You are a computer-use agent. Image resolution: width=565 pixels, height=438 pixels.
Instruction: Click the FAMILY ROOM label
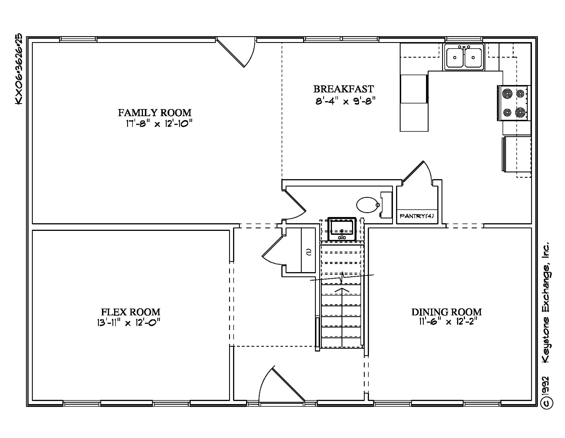pyautogui.click(x=155, y=113)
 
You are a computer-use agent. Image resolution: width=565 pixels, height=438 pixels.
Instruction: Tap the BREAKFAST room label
pyautogui.click(x=344, y=89)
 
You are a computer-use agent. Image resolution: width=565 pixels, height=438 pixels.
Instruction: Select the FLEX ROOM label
pyautogui.click(x=131, y=312)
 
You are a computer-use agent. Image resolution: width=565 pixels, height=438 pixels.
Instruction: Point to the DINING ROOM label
pyautogui.click(x=446, y=312)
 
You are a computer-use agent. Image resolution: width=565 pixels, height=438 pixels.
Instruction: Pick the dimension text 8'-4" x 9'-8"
pyautogui.click(x=345, y=101)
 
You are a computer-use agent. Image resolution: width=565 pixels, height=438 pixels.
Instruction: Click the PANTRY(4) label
pyautogui.click(x=417, y=216)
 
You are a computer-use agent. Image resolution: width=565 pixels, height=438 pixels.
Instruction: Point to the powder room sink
pyautogui.click(x=342, y=229)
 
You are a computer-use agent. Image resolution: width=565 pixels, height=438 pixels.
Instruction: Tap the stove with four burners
pyautogui.click(x=514, y=103)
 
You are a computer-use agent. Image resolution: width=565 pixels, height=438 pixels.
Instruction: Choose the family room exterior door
pyautogui.click(x=236, y=52)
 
